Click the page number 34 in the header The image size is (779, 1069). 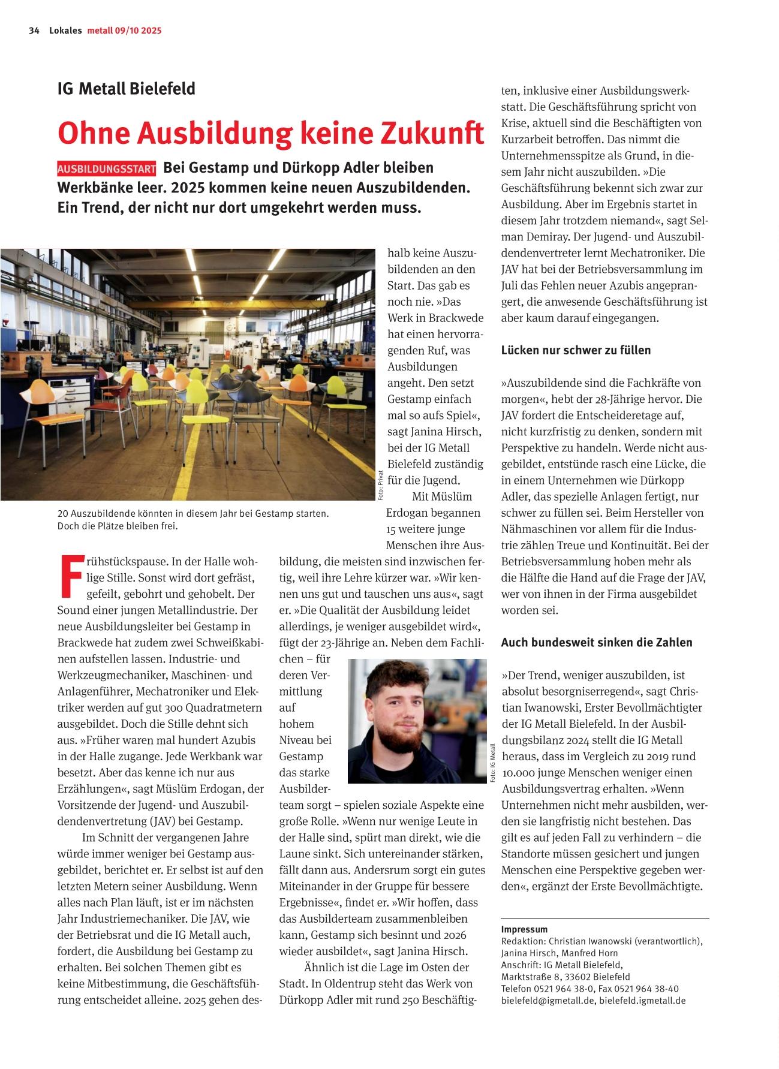[x=34, y=31]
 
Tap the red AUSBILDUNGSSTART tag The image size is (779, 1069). [x=107, y=168]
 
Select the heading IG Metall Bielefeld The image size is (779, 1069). [x=126, y=89]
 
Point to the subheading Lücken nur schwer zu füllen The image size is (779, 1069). [x=576, y=350]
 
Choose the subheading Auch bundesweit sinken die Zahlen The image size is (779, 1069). [x=597, y=643]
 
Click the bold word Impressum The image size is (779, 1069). [x=524, y=929]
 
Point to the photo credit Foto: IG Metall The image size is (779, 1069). [x=493, y=763]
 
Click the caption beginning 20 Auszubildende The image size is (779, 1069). [x=193, y=520]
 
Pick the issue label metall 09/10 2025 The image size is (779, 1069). [x=124, y=31]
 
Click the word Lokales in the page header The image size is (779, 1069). [x=65, y=31]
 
